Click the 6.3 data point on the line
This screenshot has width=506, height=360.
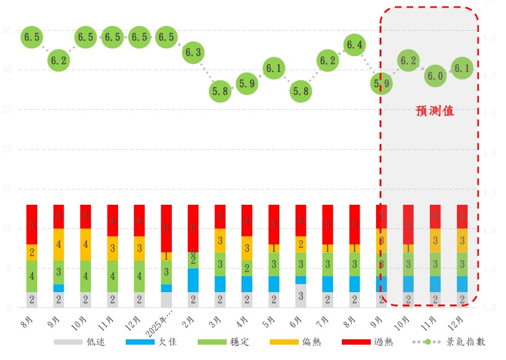tap(193, 53)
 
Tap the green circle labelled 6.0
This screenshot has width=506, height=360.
tap(436, 76)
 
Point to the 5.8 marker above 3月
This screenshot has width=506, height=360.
tap(220, 91)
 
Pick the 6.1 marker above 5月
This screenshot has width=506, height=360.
tap(273, 68)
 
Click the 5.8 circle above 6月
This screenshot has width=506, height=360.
tap(301, 91)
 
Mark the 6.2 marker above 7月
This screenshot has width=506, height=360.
tap(328, 60)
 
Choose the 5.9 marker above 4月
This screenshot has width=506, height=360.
tap(247, 84)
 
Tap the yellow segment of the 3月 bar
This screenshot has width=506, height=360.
tap(220, 240)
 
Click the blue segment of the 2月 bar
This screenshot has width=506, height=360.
tap(193, 280)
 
